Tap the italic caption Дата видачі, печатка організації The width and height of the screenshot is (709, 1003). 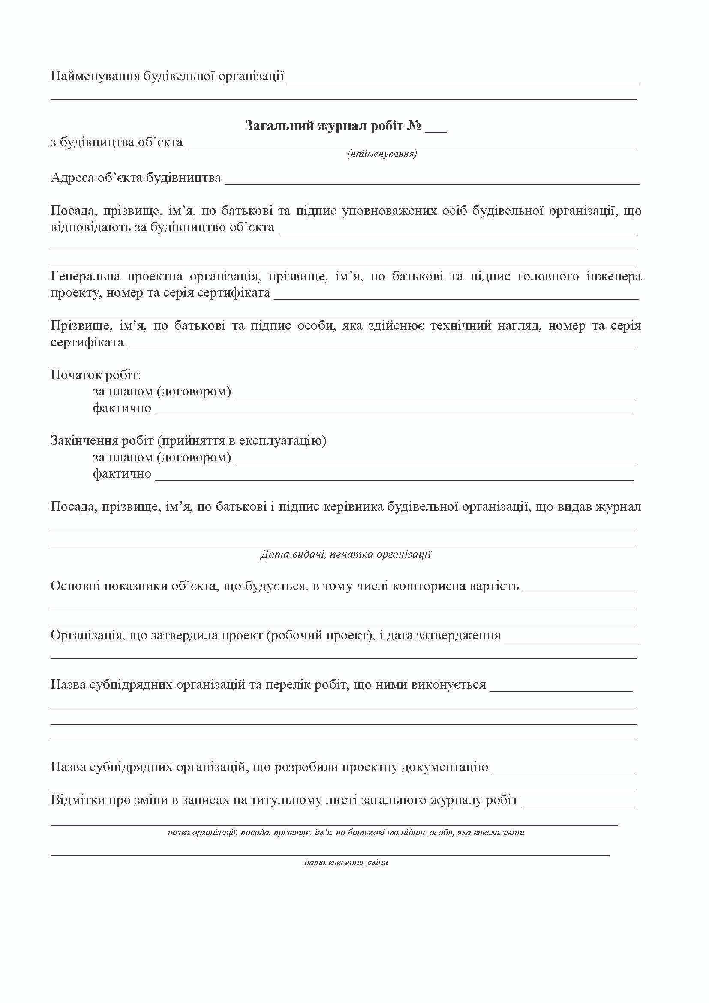[345, 555]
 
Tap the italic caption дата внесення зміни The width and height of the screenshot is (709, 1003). [346, 863]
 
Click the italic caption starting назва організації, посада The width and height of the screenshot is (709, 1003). [346, 833]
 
